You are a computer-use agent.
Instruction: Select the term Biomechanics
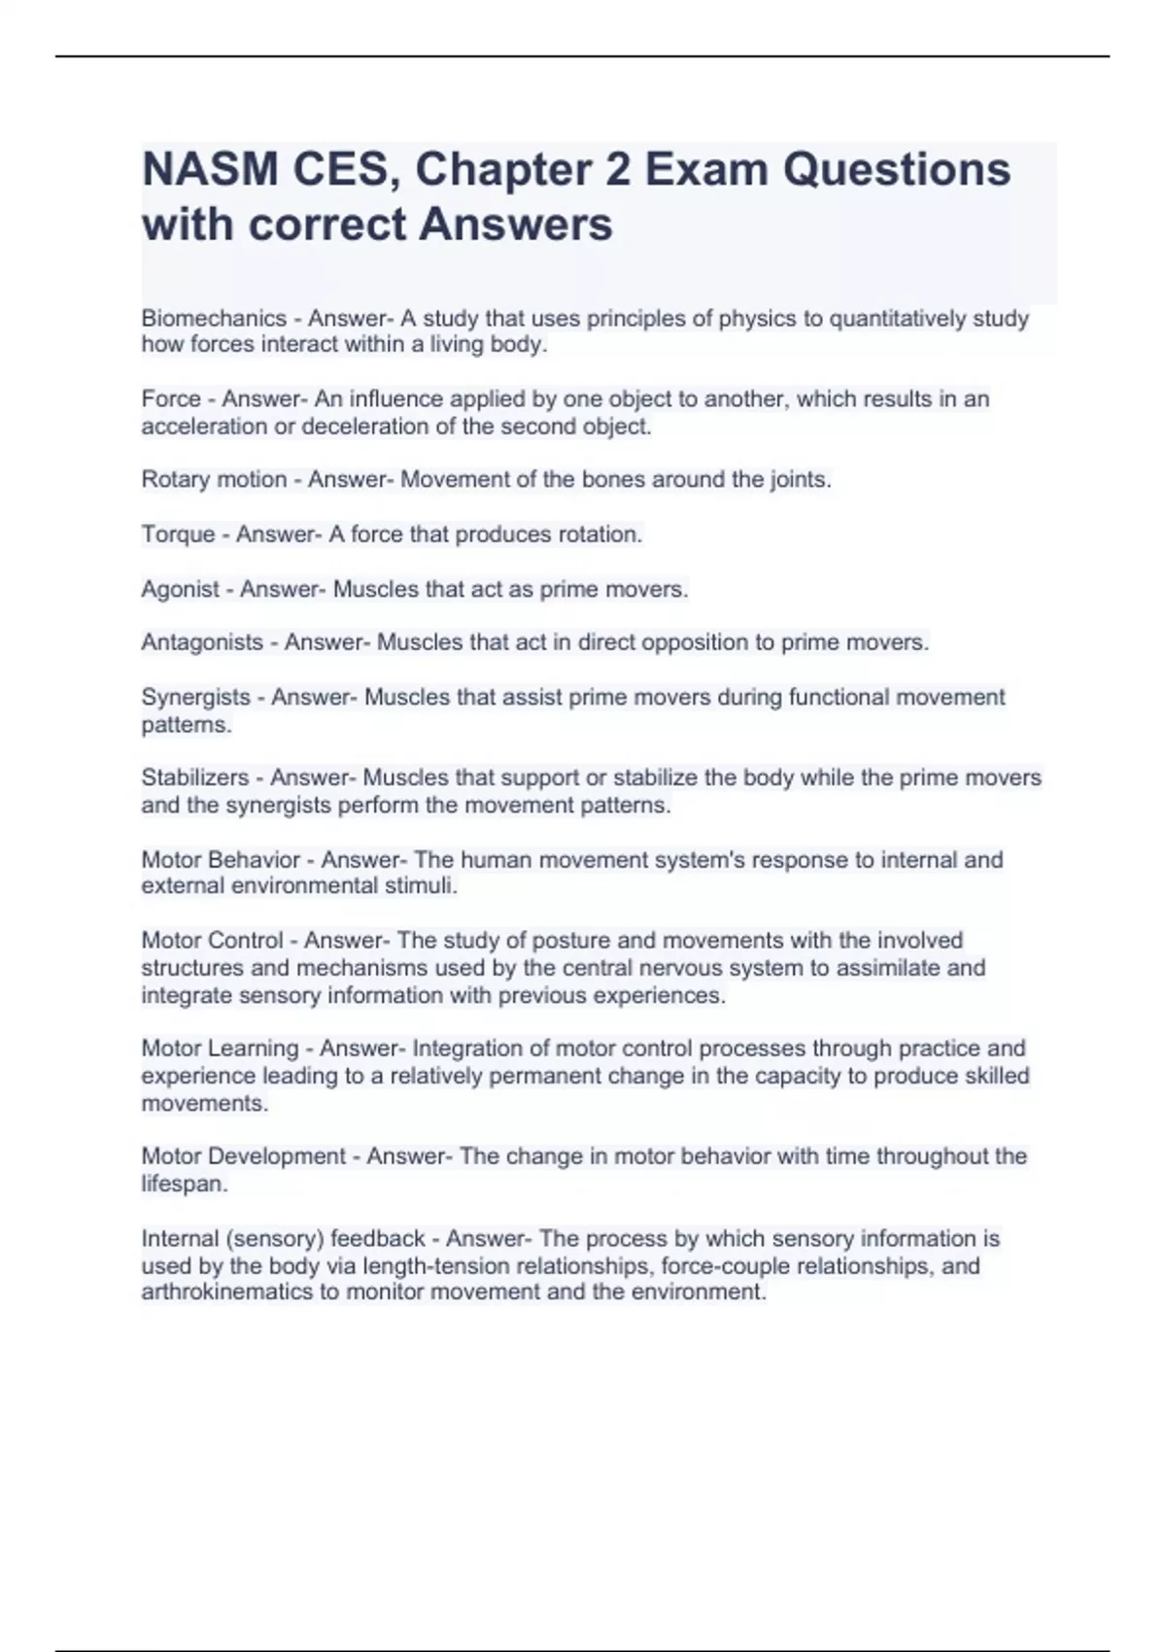(x=214, y=319)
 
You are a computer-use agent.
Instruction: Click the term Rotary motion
(x=214, y=480)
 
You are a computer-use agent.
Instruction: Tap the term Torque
(x=178, y=534)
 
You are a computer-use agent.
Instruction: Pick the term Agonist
(x=181, y=589)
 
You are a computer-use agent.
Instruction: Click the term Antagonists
(x=202, y=642)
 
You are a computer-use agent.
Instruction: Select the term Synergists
(x=195, y=698)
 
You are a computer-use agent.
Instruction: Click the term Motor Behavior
(x=221, y=860)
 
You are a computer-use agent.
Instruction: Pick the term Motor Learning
(x=220, y=1049)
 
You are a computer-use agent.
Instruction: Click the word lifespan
(x=183, y=1185)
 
